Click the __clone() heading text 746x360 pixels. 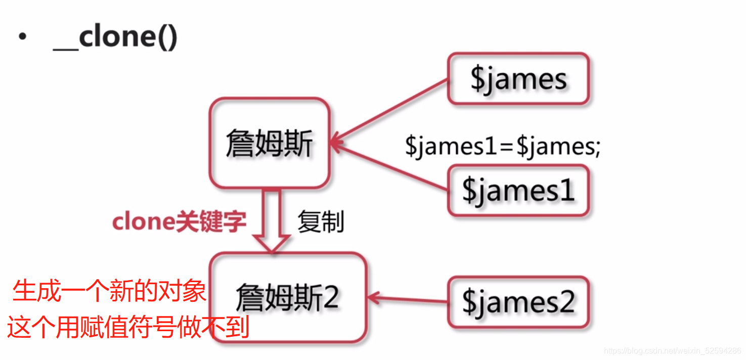(115, 38)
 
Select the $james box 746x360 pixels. (518, 79)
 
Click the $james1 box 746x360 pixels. (518, 191)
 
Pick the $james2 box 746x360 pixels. (518, 302)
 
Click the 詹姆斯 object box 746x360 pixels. (269, 144)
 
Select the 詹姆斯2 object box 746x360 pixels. (288, 298)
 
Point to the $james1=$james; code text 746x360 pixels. (502, 147)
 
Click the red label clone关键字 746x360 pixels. (179, 222)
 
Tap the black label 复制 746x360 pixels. (321, 222)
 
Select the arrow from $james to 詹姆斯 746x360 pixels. (389, 111)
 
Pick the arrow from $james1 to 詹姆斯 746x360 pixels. (389, 167)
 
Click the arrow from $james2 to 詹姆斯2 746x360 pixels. (408, 300)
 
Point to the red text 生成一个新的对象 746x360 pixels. (109, 292)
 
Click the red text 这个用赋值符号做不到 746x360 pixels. (128, 327)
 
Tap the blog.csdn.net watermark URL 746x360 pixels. (673, 351)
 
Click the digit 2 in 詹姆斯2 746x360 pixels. (330, 298)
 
